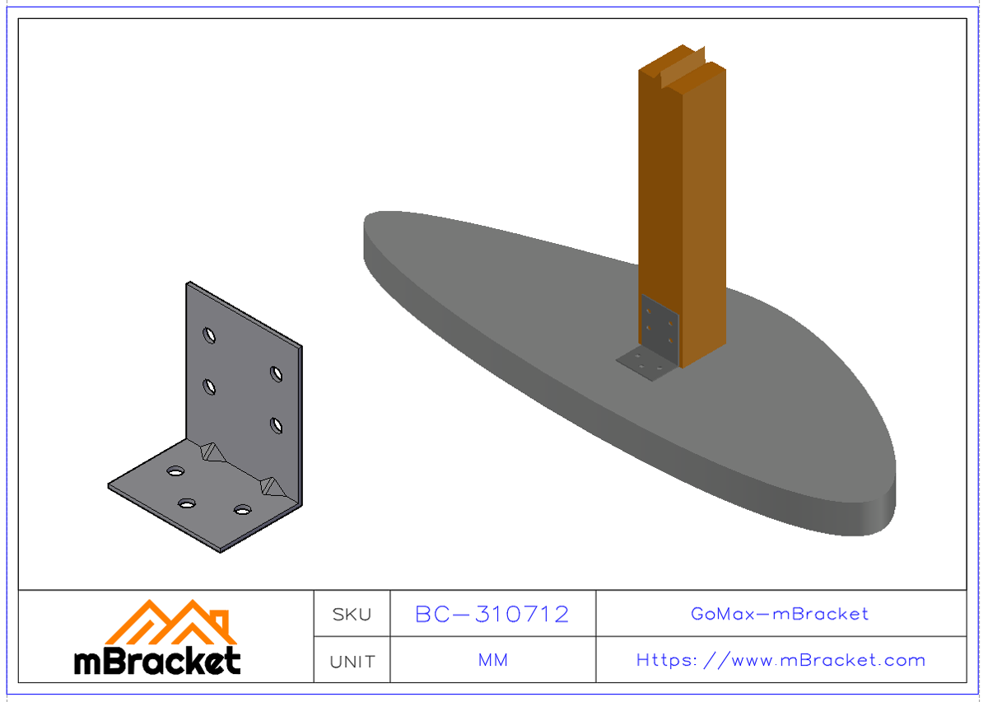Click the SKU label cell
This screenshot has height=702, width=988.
click(352, 614)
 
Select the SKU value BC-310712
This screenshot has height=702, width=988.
click(492, 614)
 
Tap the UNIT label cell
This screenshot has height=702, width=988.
click(352, 661)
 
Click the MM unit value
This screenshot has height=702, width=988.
click(492, 660)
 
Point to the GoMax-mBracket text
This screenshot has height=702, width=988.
click(780, 614)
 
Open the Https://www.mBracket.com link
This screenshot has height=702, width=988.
click(780, 660)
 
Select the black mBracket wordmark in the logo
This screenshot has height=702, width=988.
click(157, 660)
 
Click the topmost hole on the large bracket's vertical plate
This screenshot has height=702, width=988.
click(210, 335)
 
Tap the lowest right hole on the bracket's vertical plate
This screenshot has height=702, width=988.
click(276, 425)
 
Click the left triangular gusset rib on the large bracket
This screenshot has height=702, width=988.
click(212, 452)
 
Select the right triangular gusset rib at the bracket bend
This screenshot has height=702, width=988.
click(271, 486)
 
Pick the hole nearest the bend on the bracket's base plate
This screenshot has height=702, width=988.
click(175, 470)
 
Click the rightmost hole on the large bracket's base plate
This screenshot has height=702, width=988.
click(242, 510)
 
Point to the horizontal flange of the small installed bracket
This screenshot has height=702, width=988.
click(645, 363)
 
